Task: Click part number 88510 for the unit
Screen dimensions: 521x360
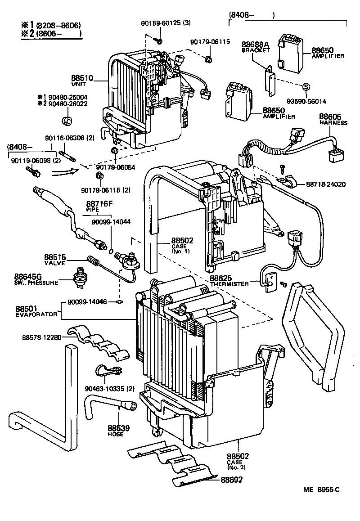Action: click(81, 78)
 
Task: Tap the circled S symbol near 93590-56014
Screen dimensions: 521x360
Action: click(306, 87)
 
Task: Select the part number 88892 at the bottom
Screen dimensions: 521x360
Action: click(231, 480)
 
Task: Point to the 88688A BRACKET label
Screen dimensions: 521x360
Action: click(255, 47)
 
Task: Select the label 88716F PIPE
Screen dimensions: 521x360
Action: click(99, 207)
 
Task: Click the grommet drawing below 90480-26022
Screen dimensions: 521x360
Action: click(67, 120)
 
